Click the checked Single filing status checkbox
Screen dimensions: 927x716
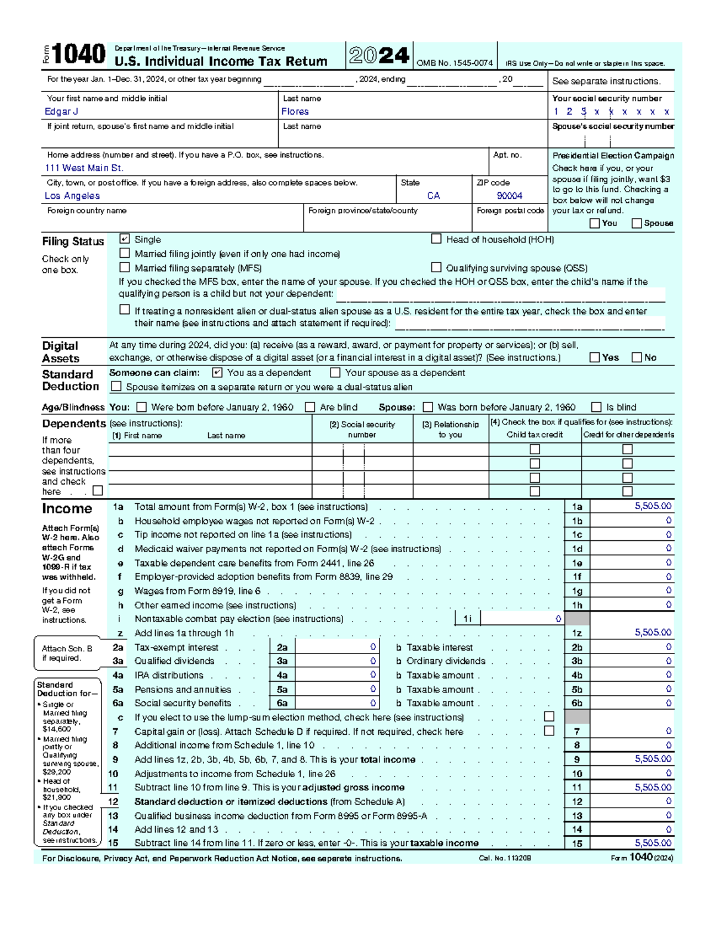point(124,239)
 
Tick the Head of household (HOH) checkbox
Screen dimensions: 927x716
point(436,239)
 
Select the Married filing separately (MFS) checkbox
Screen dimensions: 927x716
point(124,267)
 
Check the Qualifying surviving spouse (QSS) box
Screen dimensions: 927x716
point(436,267)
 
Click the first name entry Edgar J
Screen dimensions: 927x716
point(61,112)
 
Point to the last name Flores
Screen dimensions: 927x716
point(295,112)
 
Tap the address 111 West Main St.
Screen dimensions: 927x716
point(84,168)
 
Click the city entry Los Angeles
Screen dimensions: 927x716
point(72,196)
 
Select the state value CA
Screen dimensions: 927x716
point(433,196)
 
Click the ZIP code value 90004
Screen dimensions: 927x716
point(510,196)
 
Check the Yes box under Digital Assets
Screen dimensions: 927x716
point(594,357)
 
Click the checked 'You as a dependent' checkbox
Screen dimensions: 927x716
point(217,372)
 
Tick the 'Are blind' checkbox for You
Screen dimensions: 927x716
point(310,407)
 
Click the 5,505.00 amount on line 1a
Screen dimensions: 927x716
point(653,506)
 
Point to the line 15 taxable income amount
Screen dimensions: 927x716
point(653,843)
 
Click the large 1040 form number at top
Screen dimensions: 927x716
point(79,55)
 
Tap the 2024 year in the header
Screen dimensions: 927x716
point(379,56)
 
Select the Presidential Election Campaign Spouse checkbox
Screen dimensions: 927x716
point(637,223)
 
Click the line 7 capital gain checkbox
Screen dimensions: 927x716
point(549,731)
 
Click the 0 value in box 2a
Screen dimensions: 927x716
point(373,647)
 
